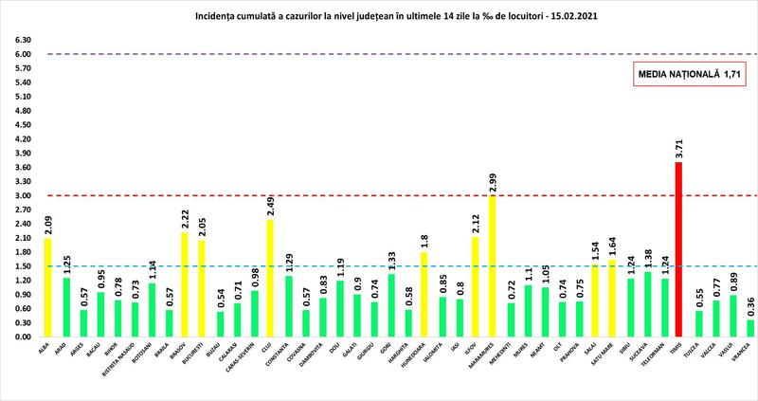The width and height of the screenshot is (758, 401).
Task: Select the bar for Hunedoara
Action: click(x=424, y=294)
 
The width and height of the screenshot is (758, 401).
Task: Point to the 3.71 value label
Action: click(x=677, y=149)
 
